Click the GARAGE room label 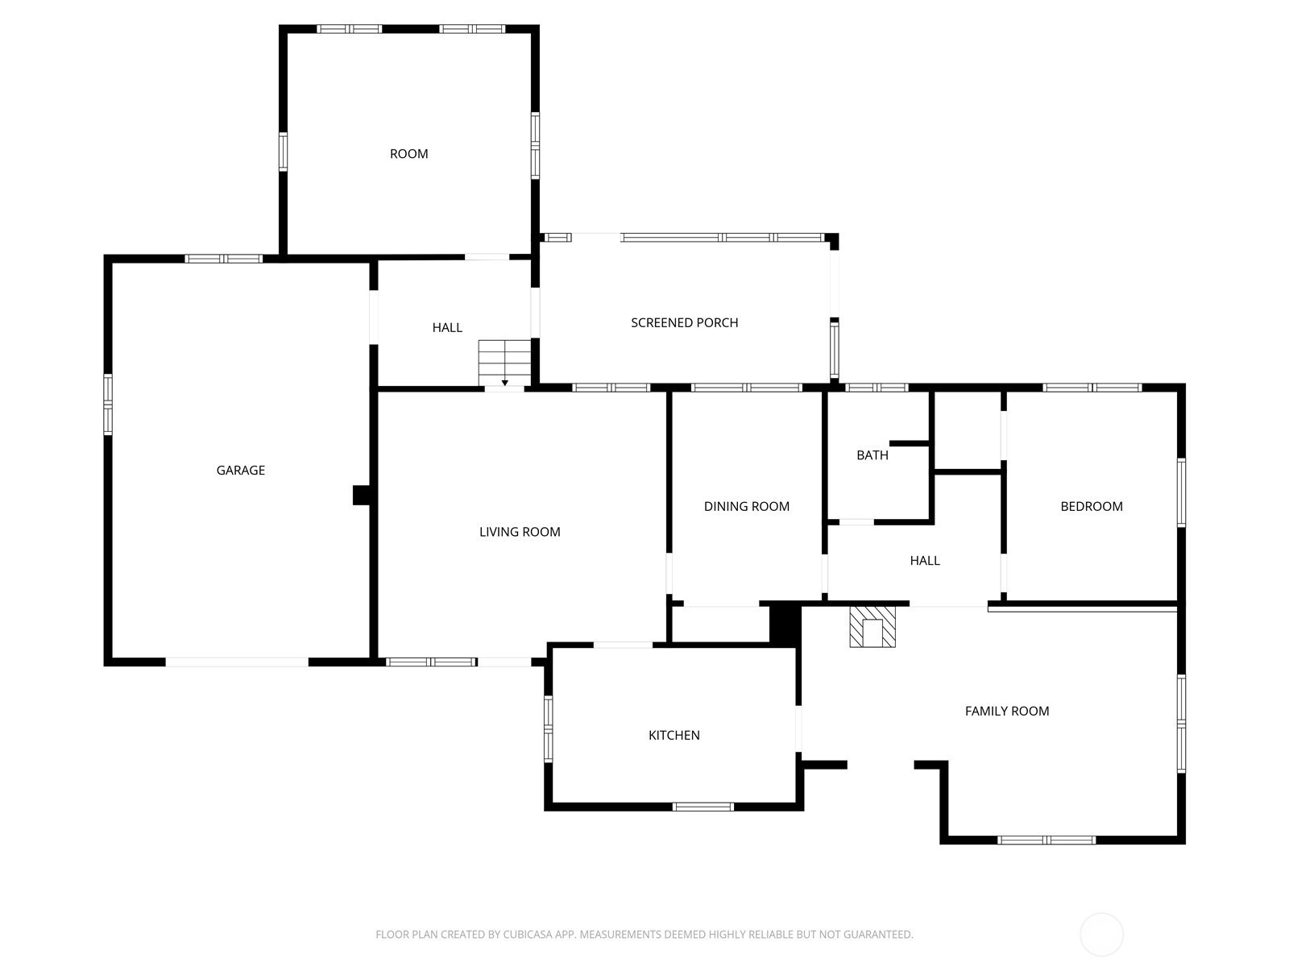point(240,471)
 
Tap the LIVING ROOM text point(520,532)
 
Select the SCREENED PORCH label point(684,323)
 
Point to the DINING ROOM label point(746,507)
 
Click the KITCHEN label point(674,736)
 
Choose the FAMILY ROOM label point(1006,712)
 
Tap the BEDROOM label point(1091,507)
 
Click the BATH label point(872,455)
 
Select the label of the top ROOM point(408,154)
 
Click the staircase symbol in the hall point(505,363)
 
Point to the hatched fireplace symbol point(872,627)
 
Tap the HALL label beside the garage point(447,328)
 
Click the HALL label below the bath point(924,561)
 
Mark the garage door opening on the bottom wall point(237,662)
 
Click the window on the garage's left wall point(108,405)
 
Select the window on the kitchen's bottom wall point(703,807)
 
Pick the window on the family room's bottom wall point(1047,840)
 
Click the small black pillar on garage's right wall point(361,495)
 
